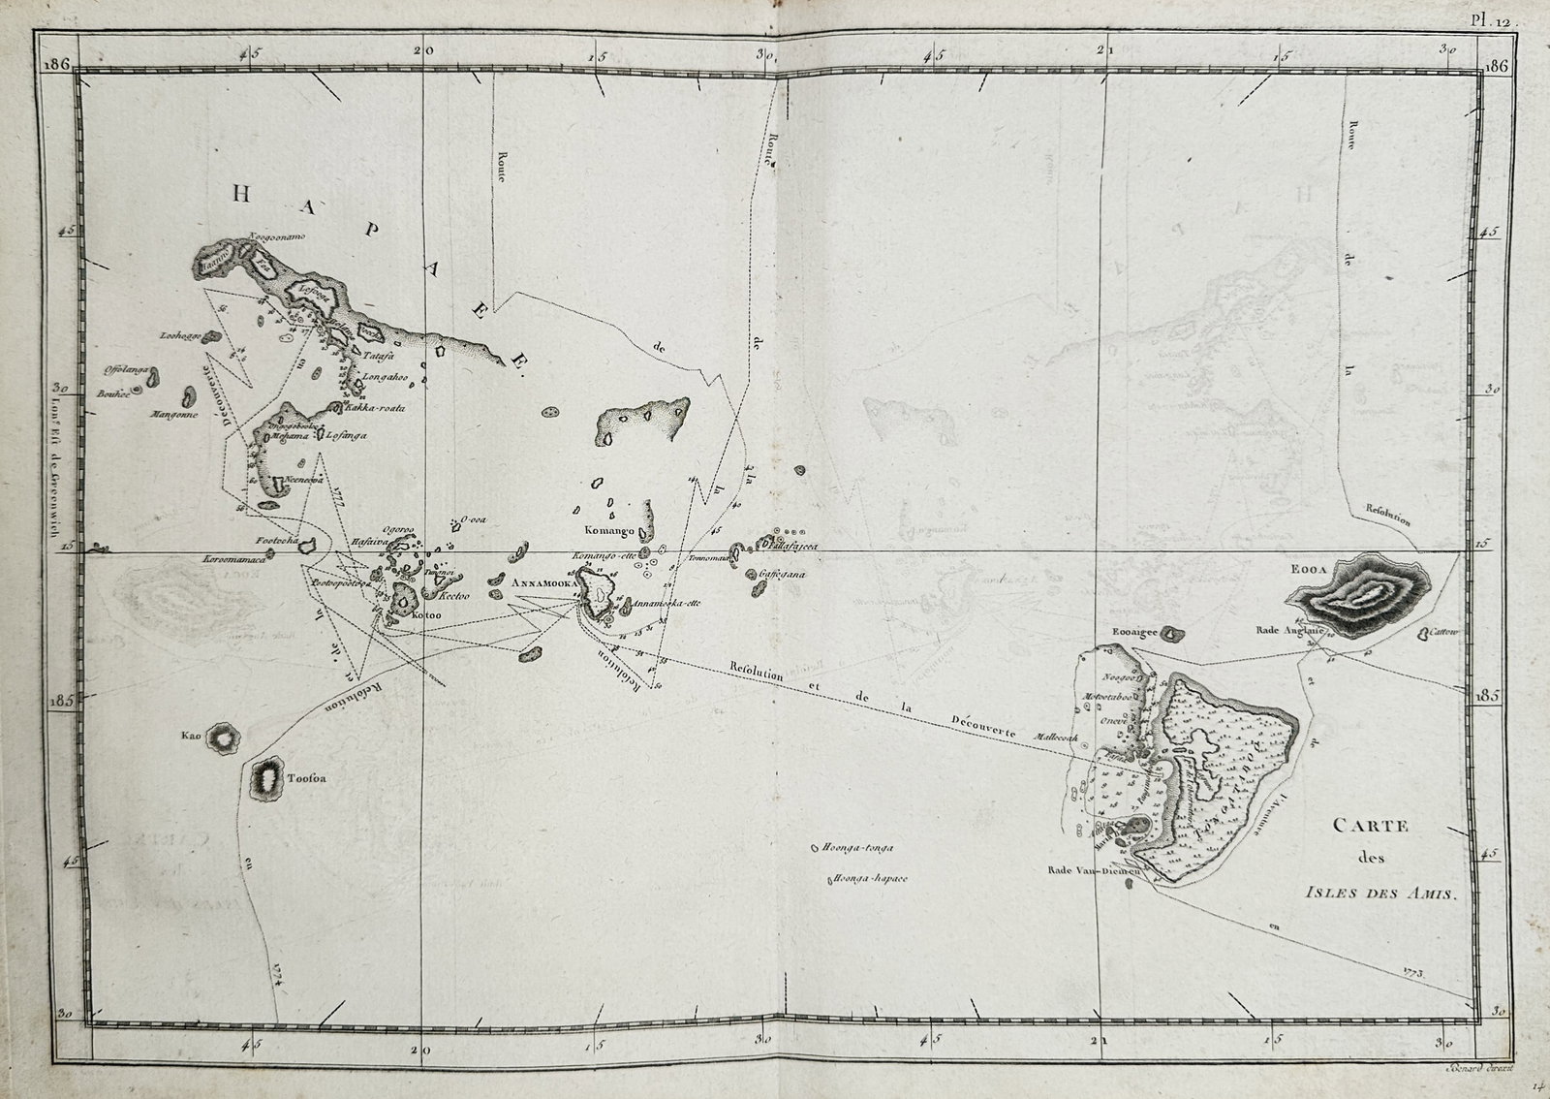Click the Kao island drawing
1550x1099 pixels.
pos(225,739)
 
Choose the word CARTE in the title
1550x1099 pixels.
pos(1371,826)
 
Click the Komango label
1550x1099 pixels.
pos(607,531)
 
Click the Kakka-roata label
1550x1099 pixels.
pos(379,408)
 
